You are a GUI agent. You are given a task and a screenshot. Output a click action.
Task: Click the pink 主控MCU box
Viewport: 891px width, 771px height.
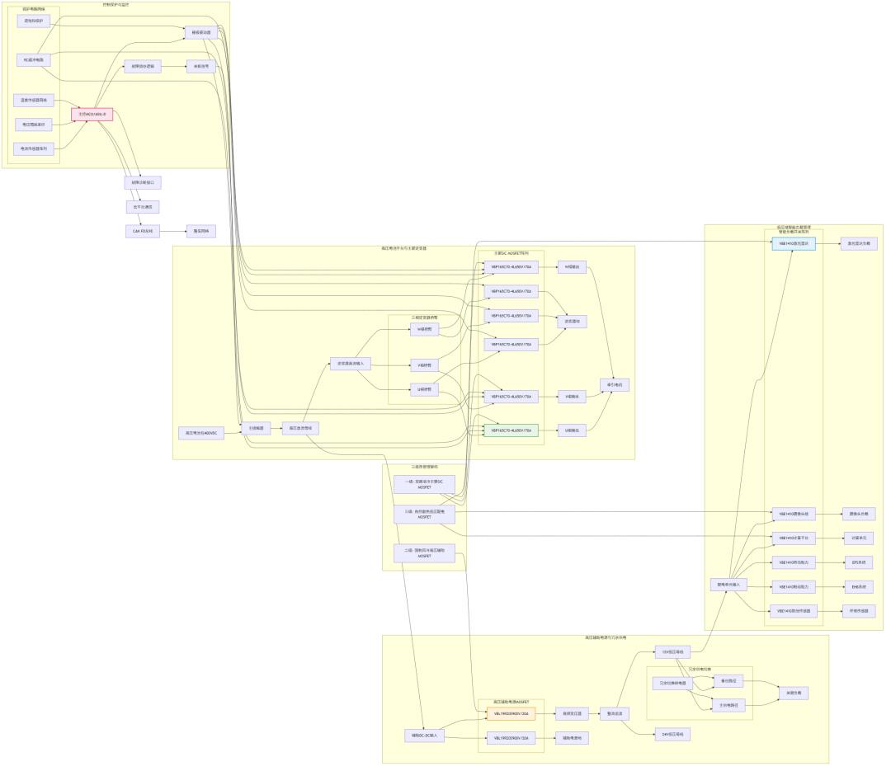92,114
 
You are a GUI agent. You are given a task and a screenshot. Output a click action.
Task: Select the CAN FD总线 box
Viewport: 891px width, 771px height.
143,231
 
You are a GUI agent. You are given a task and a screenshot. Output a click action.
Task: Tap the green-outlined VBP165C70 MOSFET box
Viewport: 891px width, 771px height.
511,430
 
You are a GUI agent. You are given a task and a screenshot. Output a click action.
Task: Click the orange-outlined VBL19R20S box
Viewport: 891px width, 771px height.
511,714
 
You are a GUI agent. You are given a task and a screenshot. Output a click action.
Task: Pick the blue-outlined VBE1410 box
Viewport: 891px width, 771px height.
793,243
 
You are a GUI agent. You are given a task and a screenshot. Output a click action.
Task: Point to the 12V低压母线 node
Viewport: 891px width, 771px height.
672,652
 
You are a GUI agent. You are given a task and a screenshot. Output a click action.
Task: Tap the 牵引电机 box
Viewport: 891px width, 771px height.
615,385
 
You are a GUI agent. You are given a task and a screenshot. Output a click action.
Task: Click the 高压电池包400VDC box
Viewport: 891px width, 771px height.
201,433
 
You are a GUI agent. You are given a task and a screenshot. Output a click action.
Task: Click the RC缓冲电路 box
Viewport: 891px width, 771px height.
34,60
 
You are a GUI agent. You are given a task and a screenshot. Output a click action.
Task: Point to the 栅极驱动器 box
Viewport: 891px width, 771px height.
201,33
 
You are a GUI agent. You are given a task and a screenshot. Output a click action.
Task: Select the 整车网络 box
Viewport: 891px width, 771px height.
200,231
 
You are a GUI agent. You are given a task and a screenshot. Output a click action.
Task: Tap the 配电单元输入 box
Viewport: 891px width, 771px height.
728,585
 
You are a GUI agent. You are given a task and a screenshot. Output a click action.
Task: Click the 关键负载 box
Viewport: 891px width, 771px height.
793,693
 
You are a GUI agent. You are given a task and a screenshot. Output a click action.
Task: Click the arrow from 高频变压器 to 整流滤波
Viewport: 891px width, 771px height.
592,714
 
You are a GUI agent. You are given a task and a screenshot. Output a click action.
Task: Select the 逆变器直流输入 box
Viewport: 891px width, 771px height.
351,363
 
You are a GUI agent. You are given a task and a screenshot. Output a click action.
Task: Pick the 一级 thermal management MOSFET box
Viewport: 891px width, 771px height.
424,484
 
